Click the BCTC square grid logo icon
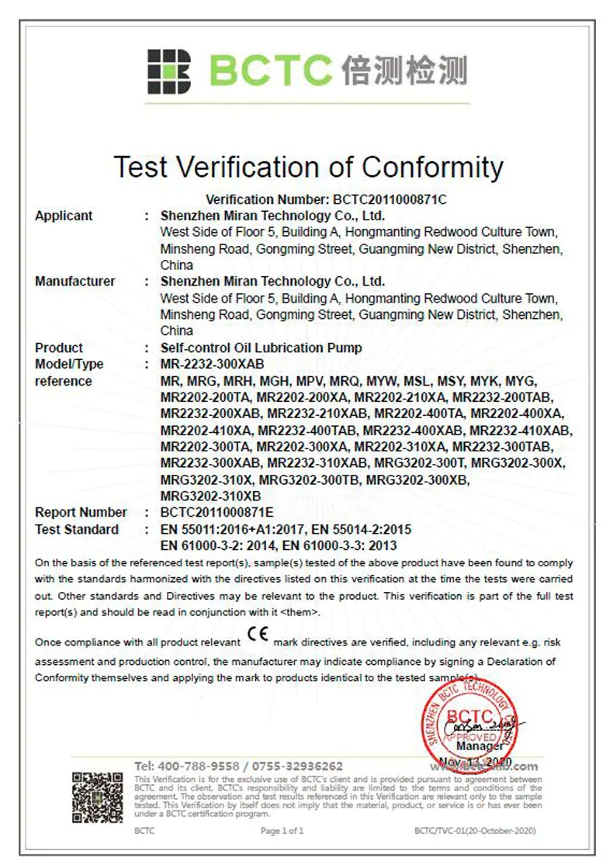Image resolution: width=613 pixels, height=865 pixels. coord(168,72)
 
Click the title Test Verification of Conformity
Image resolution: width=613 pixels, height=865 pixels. coord(308,167)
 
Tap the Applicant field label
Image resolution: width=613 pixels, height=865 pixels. coord(64,216)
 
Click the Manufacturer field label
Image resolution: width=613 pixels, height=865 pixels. coord(74,281)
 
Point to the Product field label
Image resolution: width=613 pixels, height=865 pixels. coord(59,348)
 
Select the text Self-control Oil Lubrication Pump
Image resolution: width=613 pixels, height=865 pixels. coord(261,348)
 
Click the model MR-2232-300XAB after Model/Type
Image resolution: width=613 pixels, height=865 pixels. coord(212,364)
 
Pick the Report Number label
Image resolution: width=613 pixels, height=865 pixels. coord(81,512)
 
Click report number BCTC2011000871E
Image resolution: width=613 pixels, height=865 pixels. coord(216,512)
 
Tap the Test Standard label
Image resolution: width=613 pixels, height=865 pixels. coord(77,529)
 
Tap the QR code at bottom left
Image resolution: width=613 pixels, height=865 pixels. coord(98,797)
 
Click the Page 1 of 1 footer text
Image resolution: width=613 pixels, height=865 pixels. coord(282,831)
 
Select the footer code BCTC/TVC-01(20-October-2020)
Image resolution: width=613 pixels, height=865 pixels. coord(475,831)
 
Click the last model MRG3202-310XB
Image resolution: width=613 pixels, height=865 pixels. coord(210,496)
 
